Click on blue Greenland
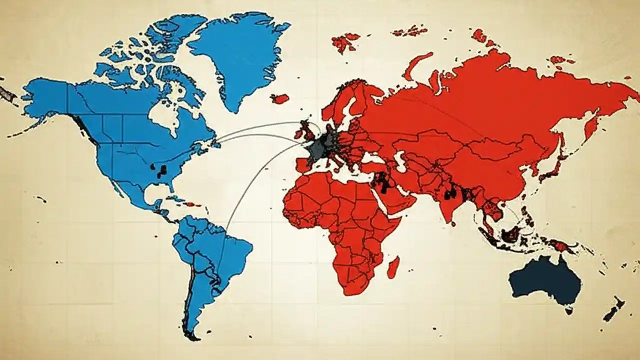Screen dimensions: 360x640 pyautogui.click(x=240, y=55)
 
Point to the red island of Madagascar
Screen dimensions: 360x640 pyautogui.click(x=393, y=267)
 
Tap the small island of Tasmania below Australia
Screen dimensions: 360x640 pyautogui.click(x=568, y=310)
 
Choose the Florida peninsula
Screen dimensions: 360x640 pyautogui.click(x=172, y=187)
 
